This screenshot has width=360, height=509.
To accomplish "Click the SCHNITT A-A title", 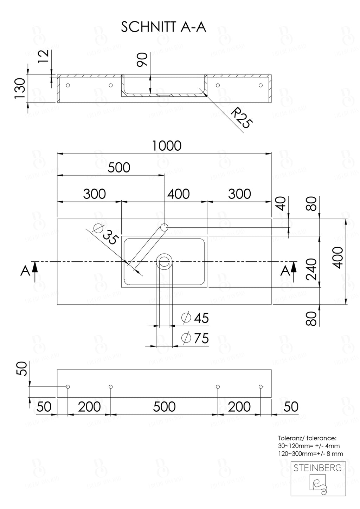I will coord(163,27).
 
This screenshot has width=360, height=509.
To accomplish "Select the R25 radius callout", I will coord(242,119).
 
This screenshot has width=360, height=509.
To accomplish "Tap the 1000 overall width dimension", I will coord(167,145).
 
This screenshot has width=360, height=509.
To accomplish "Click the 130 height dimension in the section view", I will coord(20,88).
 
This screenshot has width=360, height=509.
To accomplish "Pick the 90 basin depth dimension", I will coord(142,60).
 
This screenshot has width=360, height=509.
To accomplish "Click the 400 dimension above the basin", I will coord(178,194).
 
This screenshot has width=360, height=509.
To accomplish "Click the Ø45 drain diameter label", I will coord(195,318).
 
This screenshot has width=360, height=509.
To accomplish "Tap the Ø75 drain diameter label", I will coord(195,338).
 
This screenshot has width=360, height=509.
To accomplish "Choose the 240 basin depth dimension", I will coord(311,269).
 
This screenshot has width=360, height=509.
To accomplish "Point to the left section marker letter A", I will coord(25,271).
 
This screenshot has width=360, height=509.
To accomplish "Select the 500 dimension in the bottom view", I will coord(164,407).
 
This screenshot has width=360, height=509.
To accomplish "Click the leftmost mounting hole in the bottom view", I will coord(67,387).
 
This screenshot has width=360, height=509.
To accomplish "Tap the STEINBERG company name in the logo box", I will coord(318,468).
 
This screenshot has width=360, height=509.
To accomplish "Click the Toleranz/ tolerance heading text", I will coord(307,438).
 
